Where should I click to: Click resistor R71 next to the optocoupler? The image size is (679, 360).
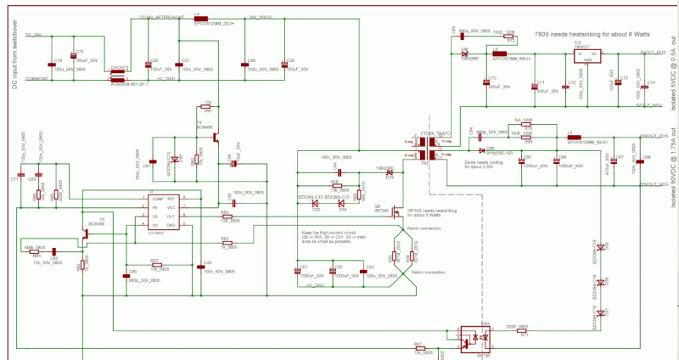524,331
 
